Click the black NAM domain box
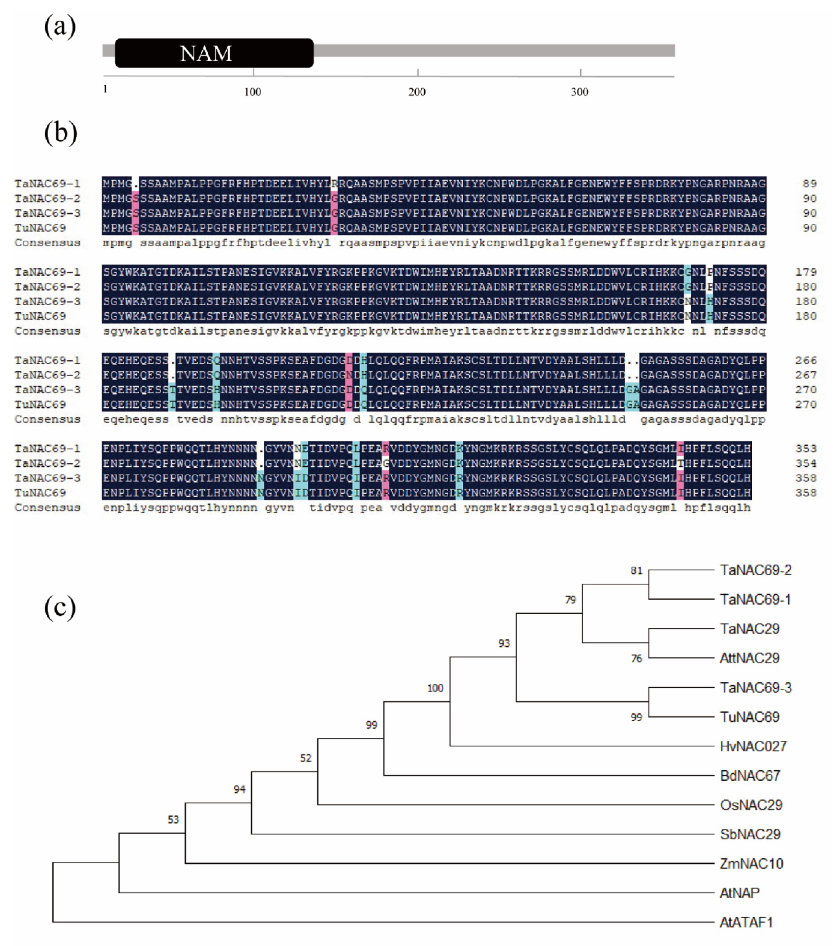tap(214, 53)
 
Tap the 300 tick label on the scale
tap(579, 92)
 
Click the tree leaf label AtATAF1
tap(746, 922)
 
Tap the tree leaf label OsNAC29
tap(751, 805)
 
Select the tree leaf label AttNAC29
tap(749, 658)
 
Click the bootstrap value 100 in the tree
tap(435, 688)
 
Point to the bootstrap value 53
tap(173, 820)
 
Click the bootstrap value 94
tap(239, 789)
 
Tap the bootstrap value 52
tap(305, 758)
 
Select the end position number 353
tap(806, 448)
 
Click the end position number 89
tap(809, 184)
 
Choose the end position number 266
tap(806, 360)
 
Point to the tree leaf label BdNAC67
tap(750, 776)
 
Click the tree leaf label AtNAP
tap(740, 893)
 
